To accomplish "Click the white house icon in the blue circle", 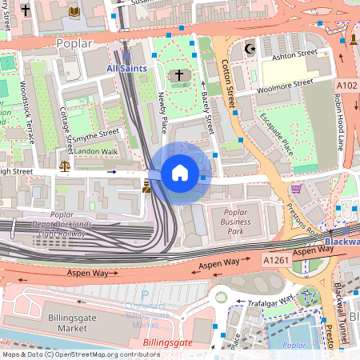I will coord(179,173).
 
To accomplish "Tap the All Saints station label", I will coord(126,70).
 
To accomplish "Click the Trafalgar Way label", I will coord(270,304).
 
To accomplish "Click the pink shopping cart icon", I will coord(297,190).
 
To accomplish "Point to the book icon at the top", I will coord(74,12).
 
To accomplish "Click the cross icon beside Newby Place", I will coord(179,77).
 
